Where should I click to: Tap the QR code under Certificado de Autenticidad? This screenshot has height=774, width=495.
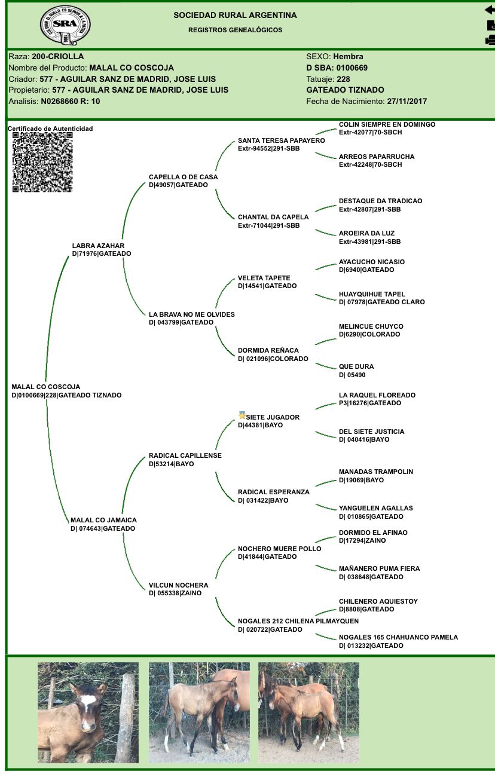pyautogui.click(x=42, y=162)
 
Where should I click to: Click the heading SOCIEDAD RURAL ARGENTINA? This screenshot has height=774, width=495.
pyautogui.click(x=235, y=15)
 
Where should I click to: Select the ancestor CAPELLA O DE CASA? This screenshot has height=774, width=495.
pyautogui.click(x=183, y=177)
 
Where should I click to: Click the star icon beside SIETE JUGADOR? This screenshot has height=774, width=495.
pyautogui.click(x=242, y=415)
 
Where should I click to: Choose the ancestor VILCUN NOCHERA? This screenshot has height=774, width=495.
pyautogui.click(x=178, y=585)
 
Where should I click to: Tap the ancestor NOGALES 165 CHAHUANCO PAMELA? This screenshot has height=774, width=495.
pyautogui.click(x=398, y=637)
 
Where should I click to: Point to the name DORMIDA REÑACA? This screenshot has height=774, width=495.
pyautogui.click(x=268, y=350)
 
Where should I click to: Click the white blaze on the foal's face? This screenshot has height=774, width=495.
pyautogui.click(x=88, y=705)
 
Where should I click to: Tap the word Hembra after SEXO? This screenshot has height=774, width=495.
pyautogui.click(x=348, y=56)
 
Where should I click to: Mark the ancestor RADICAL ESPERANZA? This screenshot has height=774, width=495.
pyautogui.click(x=273, y=492)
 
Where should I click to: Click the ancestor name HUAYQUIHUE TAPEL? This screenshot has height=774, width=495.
pyautogui.click(x=372, y=294)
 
